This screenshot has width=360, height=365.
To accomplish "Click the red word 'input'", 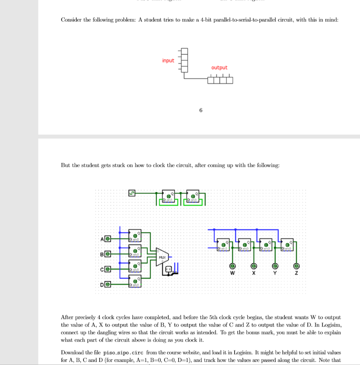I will point(168,61).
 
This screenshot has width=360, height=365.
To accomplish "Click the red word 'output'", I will point(219,68).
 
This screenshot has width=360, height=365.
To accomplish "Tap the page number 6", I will point(201,110).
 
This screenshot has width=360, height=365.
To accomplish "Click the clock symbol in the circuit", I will point(132,193).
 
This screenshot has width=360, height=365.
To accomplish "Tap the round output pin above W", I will point(232,266).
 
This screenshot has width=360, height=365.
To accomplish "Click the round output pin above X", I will point(254,266).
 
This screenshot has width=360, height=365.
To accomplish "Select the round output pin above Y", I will point(275,266).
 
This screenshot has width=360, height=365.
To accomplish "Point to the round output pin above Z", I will point(296,266).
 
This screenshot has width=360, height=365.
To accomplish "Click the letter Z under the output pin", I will point(296,273).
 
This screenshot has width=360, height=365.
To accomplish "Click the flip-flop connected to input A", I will point(135,236).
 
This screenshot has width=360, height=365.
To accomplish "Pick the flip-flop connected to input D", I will point(135,281).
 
